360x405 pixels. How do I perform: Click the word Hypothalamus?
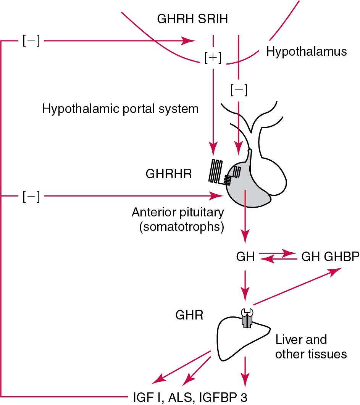306,52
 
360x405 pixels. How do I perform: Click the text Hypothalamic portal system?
120,109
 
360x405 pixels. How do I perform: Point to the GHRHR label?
168,174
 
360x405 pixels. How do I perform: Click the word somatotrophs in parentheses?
181,227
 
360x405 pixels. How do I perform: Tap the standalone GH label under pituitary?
245,257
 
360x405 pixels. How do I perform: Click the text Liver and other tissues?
311,347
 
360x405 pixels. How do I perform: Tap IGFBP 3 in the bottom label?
222,395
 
